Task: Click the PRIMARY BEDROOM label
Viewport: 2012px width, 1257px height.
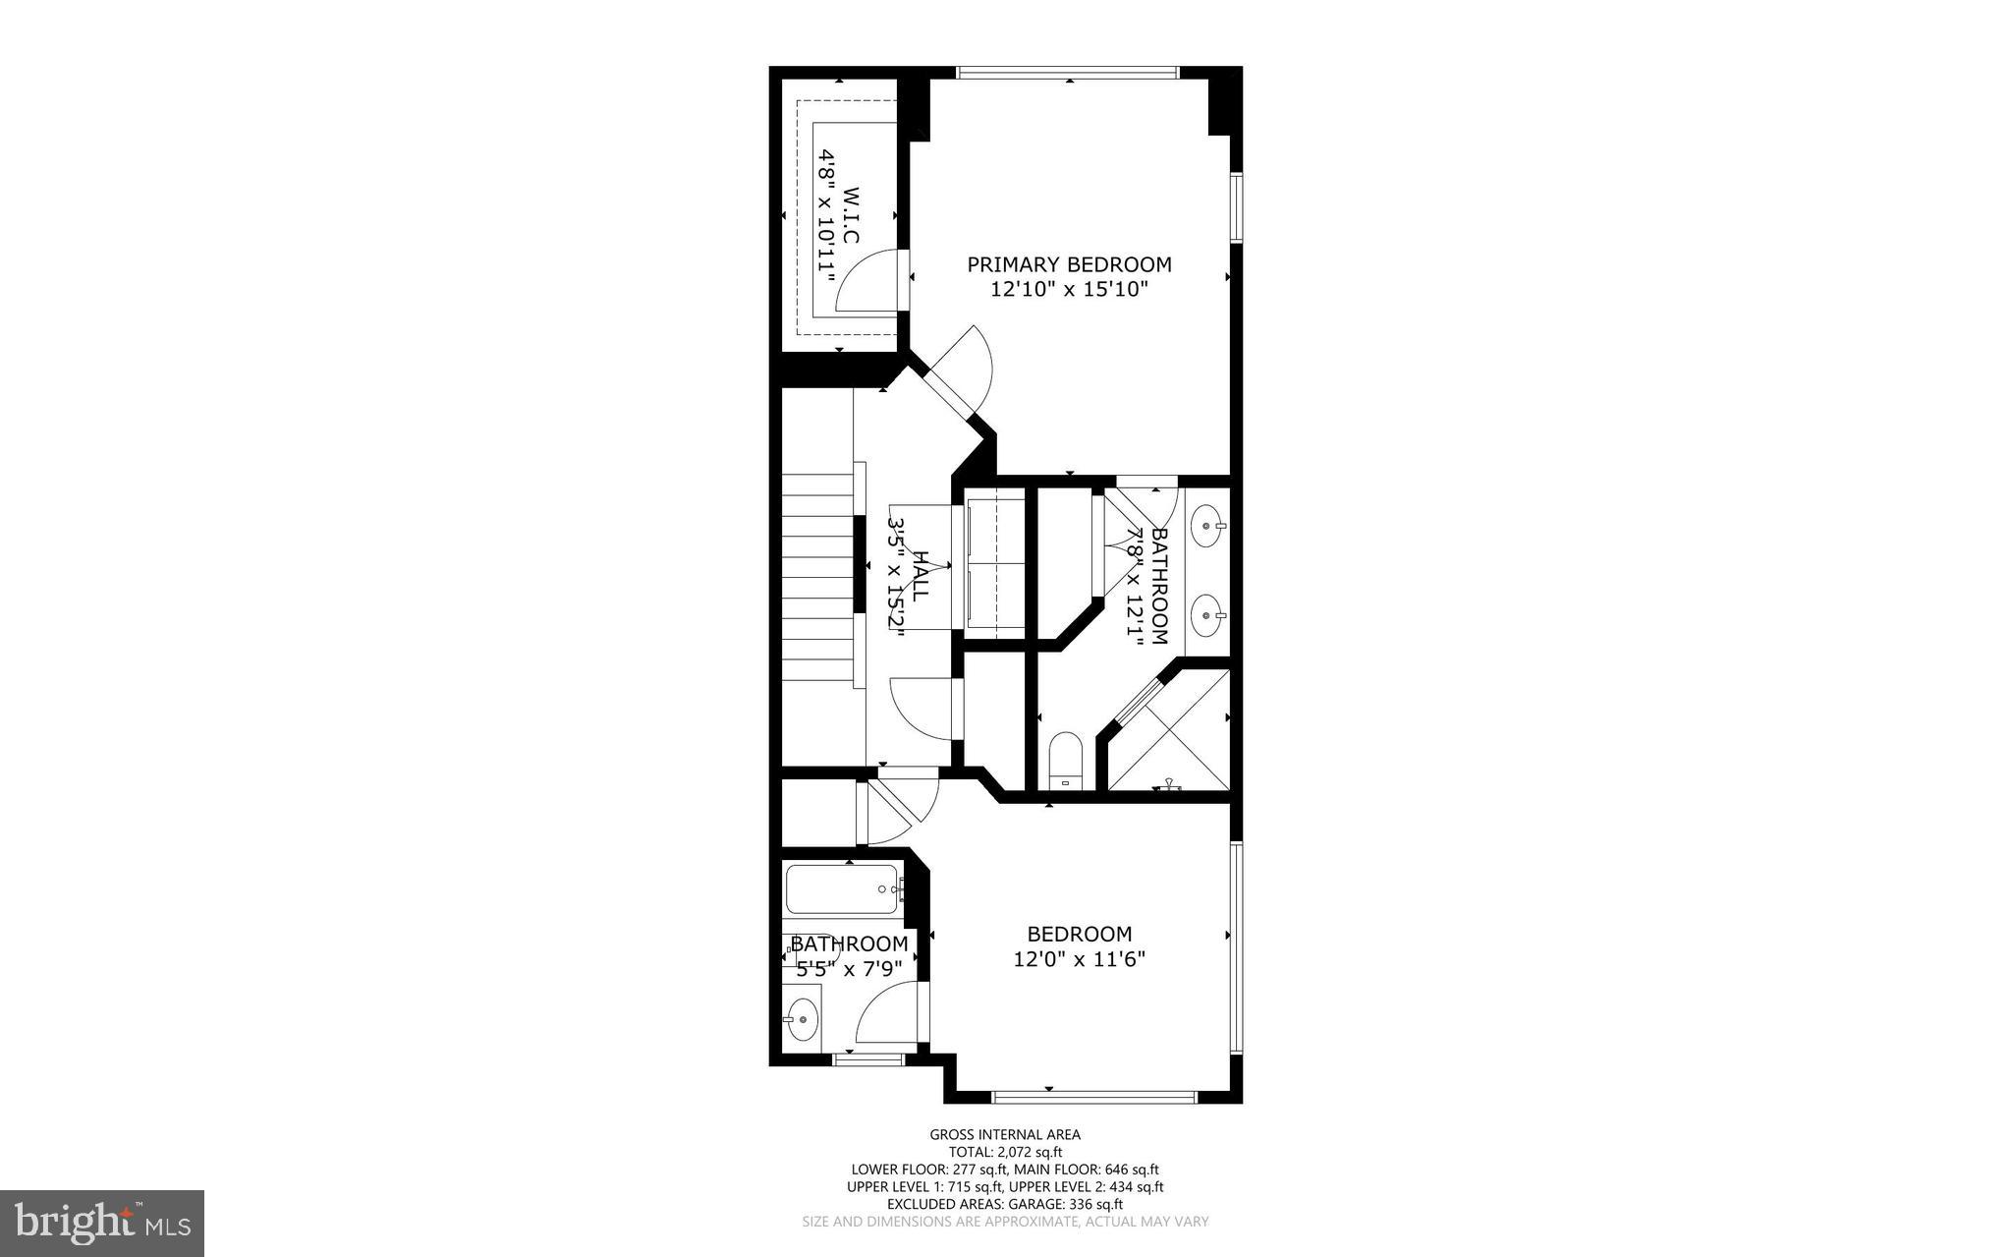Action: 1069,264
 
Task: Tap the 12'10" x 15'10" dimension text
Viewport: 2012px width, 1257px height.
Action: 1069,290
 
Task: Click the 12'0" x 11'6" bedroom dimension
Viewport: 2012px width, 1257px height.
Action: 1080,958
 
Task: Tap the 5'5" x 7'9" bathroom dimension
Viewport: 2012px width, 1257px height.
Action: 849,969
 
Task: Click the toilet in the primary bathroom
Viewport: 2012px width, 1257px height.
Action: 1065,762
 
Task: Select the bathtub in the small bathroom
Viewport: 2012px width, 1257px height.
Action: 843,889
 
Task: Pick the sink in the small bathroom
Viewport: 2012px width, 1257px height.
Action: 803,1019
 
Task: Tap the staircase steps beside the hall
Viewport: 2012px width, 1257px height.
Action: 817,580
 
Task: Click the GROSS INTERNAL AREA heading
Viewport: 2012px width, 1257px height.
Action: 1005,1134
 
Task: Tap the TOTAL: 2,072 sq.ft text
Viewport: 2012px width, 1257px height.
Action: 1005,1152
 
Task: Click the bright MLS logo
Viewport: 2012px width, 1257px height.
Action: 102,1223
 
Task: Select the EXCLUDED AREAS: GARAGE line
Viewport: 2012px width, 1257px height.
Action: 1005,1204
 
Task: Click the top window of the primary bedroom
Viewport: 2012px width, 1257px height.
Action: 1067,72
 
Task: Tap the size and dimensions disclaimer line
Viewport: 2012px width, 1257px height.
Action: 1005,1222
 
